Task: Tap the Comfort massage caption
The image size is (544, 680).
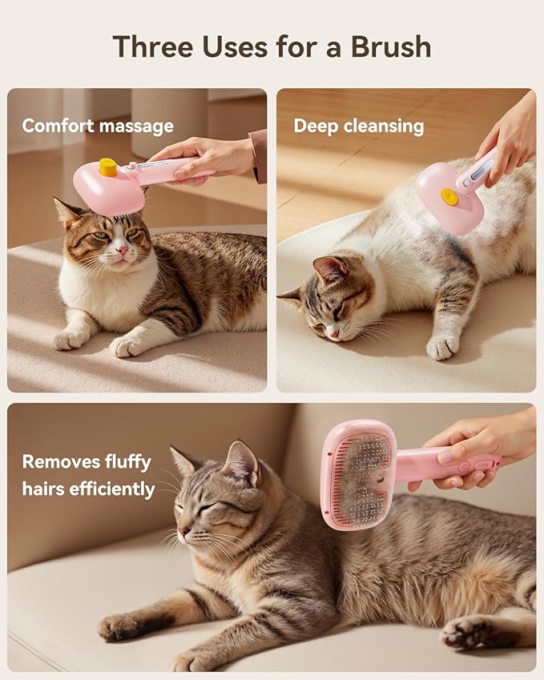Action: pos(98,126)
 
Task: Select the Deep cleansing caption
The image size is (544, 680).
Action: pos(358,126)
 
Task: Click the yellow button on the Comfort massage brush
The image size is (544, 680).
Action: pos(107,167)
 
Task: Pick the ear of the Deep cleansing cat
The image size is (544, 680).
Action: pos(330,269)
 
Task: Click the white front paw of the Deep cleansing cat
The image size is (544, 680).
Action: pos(441,347)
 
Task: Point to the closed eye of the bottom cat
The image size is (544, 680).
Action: pos(206,507)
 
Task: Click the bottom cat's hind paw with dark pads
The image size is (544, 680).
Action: pos(468,633)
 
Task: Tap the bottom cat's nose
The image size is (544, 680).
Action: pos(183,531)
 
